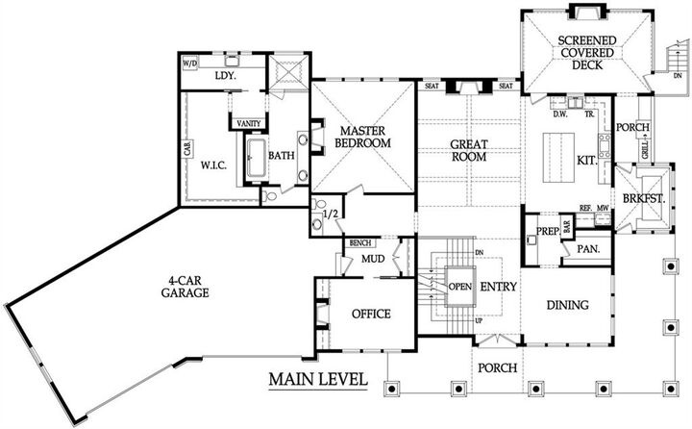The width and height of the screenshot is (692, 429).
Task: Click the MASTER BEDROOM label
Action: point(360,136)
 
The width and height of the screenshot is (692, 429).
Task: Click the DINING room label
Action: point(567,306)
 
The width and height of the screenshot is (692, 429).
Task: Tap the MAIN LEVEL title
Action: point(318,378)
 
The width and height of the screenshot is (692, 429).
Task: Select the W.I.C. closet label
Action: point(213,164)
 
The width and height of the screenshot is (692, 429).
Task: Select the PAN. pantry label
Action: point(587,248)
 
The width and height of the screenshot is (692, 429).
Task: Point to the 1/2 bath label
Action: point(331,214)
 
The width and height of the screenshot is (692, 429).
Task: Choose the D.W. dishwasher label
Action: point(562,113)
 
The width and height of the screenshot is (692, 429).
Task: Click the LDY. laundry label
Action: point(226,74)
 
